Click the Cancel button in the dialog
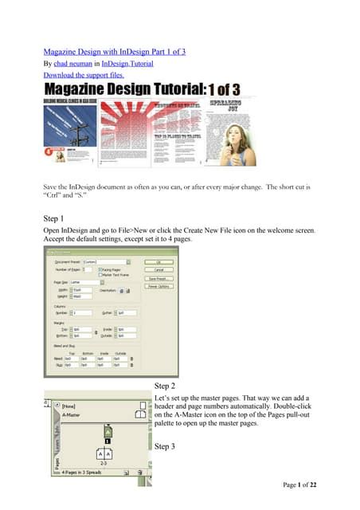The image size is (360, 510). point(160,269)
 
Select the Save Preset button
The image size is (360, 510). point(160,278)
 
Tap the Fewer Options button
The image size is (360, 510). point(160,287)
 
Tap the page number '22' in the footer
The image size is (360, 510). point(331,484)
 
